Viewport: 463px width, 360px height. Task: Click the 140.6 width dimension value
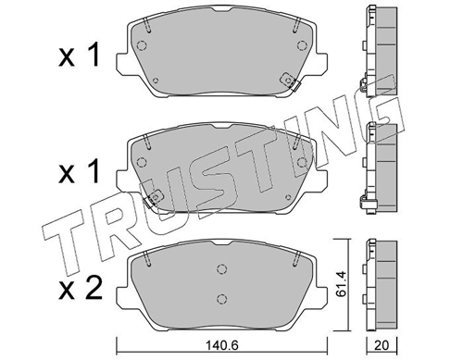(x=222, y=345)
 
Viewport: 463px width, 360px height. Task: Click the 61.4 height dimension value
(x=341, y=284)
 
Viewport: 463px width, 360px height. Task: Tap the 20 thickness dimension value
(x=382, y=345)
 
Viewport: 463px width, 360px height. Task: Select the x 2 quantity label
(x=80, y=288)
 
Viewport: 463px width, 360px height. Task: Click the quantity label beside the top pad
(x=79, y=55)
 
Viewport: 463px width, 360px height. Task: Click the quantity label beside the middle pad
(x=79, y=171)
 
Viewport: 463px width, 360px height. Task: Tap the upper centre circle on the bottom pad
(x=221, y=268)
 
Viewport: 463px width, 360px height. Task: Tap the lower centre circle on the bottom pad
(x=221, y=299)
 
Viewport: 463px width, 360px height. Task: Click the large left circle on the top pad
(x=142, y=45)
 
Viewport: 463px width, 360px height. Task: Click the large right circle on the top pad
(x=302, y=45)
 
